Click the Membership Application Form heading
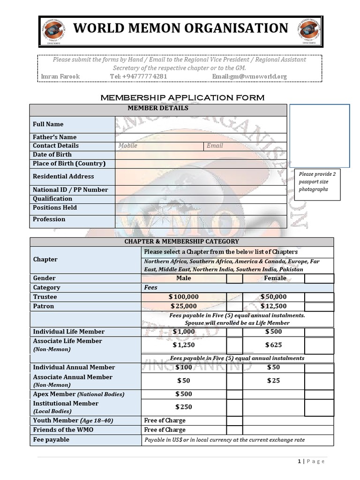coord(183,97)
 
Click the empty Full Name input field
coord(200,125)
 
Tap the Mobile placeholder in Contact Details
coord(128,146)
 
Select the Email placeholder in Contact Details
coord(215,146)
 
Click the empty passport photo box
coord(319,135)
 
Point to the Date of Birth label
coord(52,155)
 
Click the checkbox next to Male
coord(234,279)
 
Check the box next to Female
coord(319,279)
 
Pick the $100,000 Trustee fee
coord(184,297)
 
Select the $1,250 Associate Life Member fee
coord(183,345)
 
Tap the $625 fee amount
coord(273,345)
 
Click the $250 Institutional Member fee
coord(183,407)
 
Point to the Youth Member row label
coord(73,420)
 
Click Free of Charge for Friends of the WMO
coord(165,430)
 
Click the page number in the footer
coord(299,461)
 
